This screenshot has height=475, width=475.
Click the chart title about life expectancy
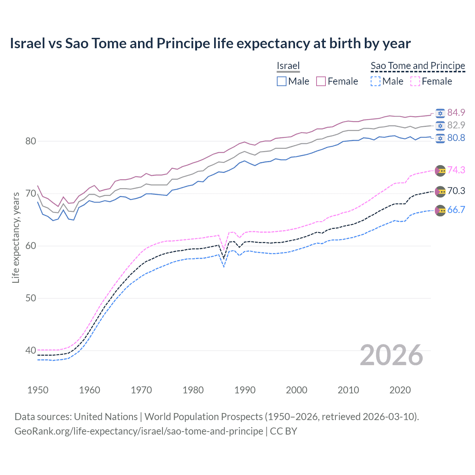pyautogui.click(x=210, y=43)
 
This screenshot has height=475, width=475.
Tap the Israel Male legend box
pyautogui.click(x=282, y=81)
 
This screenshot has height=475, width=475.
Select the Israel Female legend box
pyautogui.click(x=321, y=81)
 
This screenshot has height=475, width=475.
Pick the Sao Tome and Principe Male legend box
pyautogui.click(x=376, y=81)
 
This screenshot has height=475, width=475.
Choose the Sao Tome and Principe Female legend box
pyautogui.click(x=415, y=81)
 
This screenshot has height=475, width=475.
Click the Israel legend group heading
pyautogui.click(x=288, y=66)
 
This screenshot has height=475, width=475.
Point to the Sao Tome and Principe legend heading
pyautogui.click(x=418, y=66)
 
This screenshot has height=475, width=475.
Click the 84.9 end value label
pyautogui.click(x=456, y=113)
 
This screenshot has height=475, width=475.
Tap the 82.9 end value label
pyautogui.click(x=456, y=125)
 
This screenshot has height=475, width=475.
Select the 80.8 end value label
pyautogui.click(x=456, y=138)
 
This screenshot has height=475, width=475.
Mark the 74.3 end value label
pyautogui.click(x=456, y=170)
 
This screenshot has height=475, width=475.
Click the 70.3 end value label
pyautogui.click(x=456, y=191)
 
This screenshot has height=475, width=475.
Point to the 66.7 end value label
pyautogui.click(x=456, y=210)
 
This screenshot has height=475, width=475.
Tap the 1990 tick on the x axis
pyautogui.click(x=245, y=390)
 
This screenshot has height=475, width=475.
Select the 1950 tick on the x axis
pyautogui.click(x=38, y=390)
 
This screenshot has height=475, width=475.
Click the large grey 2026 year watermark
pyautogui.click(x=392, y=356)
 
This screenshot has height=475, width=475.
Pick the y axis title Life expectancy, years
pyautogui.click(x=16, y=237)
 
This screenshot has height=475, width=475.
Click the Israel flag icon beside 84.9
pyautogui.click(x=440, y=113)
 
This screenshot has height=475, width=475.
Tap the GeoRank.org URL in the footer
pyautogui.click(x=139, y=431)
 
